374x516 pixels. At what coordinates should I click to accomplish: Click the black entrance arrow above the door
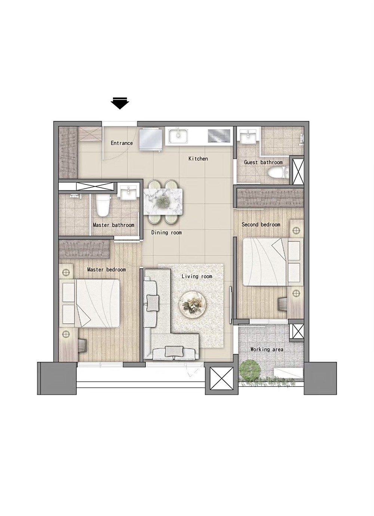120,103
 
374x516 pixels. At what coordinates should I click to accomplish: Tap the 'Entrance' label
122,143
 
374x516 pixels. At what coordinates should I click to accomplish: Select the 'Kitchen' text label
198,159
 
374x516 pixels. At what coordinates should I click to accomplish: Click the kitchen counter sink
178,136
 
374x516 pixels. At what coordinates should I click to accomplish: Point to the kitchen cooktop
219,135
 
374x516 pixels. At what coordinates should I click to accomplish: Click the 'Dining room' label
166,232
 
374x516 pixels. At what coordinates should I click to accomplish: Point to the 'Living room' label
197,276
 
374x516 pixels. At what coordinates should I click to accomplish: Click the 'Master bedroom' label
106,269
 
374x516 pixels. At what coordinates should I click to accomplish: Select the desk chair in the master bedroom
82,345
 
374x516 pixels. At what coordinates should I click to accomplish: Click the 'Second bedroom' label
261,225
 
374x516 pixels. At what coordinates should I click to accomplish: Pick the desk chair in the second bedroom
282,304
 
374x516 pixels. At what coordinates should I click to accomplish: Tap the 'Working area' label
267,349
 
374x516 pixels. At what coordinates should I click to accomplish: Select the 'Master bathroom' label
114,225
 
